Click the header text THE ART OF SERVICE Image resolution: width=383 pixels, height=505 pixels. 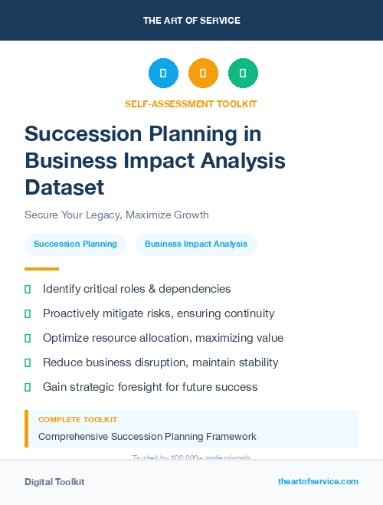click(x=191, y=21)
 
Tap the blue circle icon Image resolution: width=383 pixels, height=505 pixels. click(x=163, y=74)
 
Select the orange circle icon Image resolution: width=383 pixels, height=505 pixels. click(x=203, y=74)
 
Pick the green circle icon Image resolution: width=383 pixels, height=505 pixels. click(x=243, y=74)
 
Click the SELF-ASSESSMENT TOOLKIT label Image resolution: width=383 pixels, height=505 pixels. click(x=191, y=103)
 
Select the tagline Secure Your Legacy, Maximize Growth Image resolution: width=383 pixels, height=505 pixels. click(x=116, y=215)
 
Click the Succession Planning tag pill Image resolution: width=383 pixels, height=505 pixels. click(x=75, y=244)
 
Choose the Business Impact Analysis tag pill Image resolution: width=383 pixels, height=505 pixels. click(x=196, y=244)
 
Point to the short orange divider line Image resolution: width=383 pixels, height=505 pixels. click(x=41, y=269)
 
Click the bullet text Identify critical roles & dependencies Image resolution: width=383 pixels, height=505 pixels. click(x=136, y=289)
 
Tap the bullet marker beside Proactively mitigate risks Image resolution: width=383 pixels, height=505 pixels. click(x=28, y=313)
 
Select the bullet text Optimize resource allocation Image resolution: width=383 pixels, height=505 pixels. click(x=162, y=338)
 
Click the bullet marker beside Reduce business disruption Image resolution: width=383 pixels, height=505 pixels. click(x=28, y=362)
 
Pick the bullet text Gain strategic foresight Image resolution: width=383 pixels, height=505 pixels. click(x=150, y=387)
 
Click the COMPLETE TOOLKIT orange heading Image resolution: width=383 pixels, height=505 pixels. click(x=77, y=420)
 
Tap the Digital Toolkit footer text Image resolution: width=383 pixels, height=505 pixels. click(x=54, y=482)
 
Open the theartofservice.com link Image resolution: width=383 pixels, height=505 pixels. click(x=318, y=481)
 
